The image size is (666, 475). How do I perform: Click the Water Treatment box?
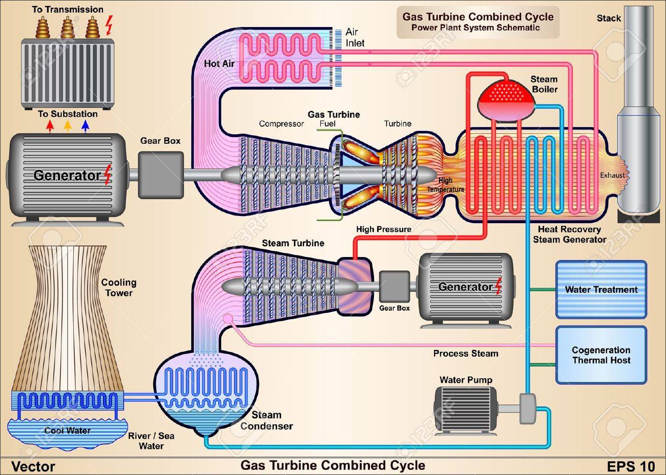coord(601,290)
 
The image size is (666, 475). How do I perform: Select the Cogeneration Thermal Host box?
coord(601,355)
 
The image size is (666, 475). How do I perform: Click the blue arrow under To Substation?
coord(86,125)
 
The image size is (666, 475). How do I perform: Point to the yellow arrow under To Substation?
coord(68,125)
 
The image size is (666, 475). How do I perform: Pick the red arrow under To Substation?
coord(50,125)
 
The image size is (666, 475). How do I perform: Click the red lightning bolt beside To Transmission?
coord(109,25)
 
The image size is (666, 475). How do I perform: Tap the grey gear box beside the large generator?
coord(161,175)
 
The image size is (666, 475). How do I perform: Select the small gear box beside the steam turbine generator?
coord(394,286)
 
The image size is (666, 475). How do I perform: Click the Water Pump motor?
coord(466,412)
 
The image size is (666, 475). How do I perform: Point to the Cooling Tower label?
coord(119,288)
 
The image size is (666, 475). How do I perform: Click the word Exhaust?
coord(612,175)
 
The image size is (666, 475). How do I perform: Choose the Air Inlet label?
coord(355,37)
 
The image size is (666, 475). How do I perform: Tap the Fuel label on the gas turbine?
coord(327,123)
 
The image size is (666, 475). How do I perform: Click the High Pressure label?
coord(384,229)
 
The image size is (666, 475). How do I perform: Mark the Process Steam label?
coord(466,354)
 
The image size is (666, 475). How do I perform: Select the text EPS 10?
coord(631,466)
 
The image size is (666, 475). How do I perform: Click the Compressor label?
coord(281,124)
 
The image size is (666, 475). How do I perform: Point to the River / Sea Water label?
coord(151,441)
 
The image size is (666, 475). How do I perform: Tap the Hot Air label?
coord(219,63)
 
